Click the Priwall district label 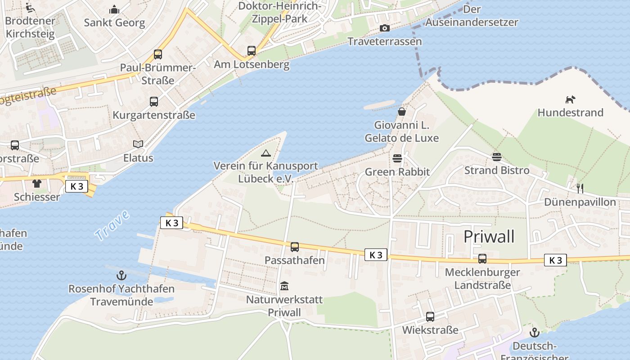tap(489, 237)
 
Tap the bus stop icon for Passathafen tap(295, 247)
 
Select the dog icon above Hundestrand tap(570, 99)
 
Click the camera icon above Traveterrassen tap(384, 28)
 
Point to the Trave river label tap(112, 224)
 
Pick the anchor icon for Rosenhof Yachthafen tap(121, 275)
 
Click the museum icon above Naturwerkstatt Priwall tap(284, 286)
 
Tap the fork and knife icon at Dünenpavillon tap(580, 188)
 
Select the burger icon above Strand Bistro tap(497, 157)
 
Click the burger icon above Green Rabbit tap(397, 158)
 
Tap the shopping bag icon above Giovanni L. tap(401, 111)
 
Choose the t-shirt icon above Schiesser tap(36, 184)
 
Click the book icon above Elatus tap(138, 144)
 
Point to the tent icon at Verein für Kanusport tap(266, 153)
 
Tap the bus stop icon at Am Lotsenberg tap(252, 51)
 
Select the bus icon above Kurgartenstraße tap(154, 102)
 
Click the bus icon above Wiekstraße tap(430, 316)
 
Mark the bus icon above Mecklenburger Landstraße tap(482, 259)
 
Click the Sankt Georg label tap(114, 22)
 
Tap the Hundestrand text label tap(570, 112)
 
